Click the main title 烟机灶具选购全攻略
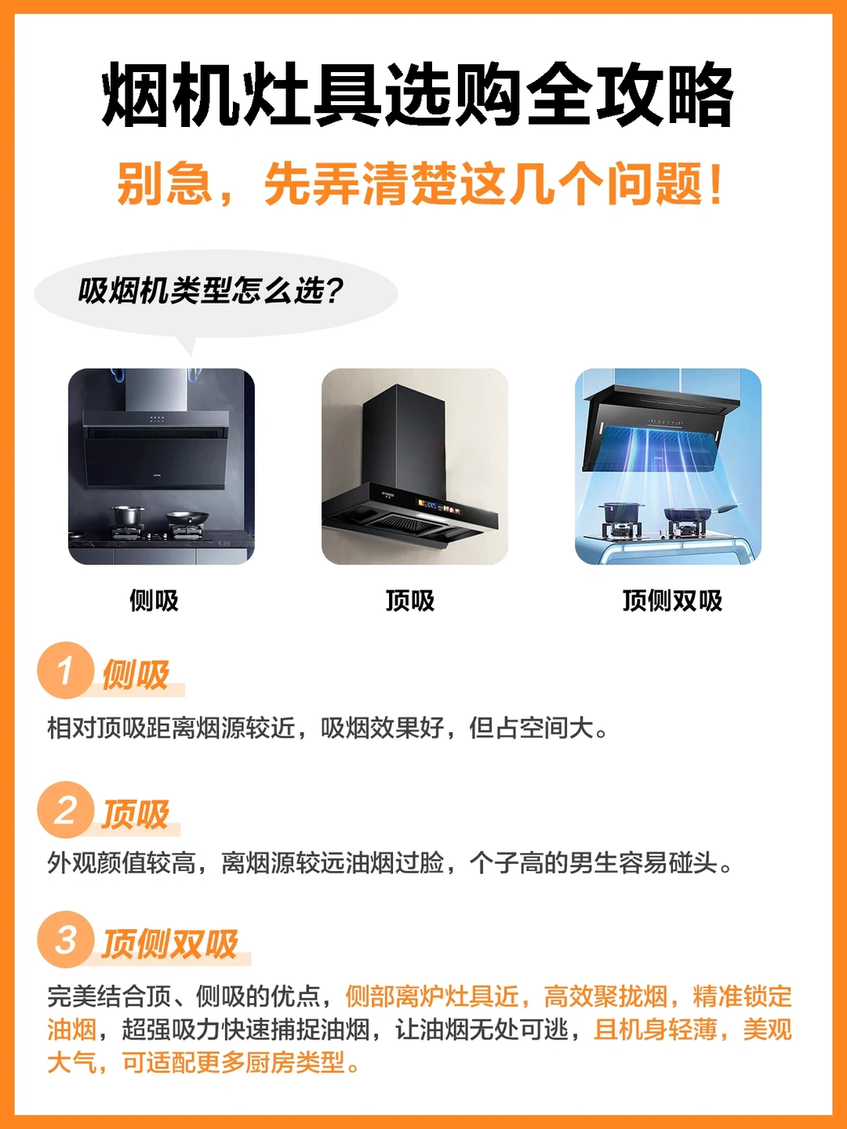tap(417, 96)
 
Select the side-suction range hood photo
tap(162, 466)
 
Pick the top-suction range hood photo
tap(415, 466)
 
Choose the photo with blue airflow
tap(668, 466)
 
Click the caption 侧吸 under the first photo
tap(154, 601)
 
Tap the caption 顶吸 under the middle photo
tap(409, 601)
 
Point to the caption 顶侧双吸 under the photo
tap(672, 601)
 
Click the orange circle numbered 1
tap(66, 670)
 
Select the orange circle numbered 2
tap(66, 810)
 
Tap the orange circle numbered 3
tap(66, 939)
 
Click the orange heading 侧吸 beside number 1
tap(136, 675)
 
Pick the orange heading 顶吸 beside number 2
tap(136, 815)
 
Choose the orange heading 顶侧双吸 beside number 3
tap(170, 944)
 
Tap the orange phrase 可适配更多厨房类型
tap(234, 1062)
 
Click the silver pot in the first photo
tap(128, 516)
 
